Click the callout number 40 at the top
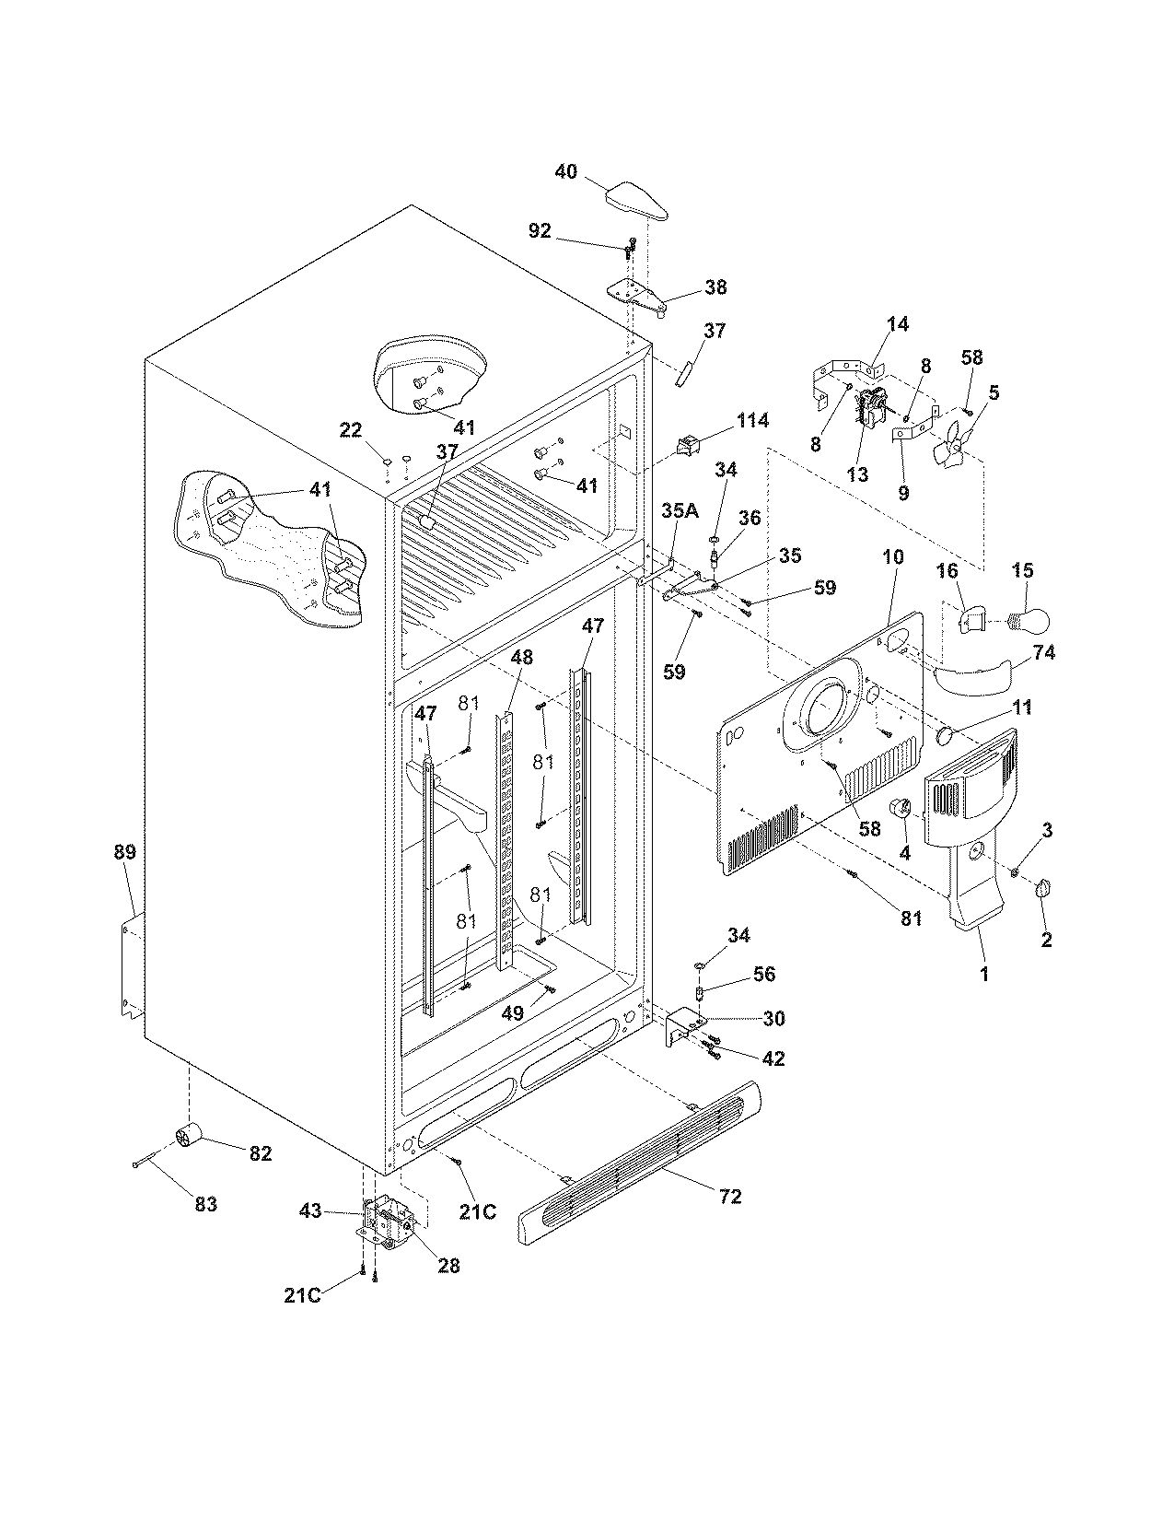pyautogui.click(x=565, y=171)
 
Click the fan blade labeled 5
pyautogui.click(x=949, y=442)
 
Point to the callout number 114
pyautogui.click(x=751, y=421)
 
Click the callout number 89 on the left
pyautogui.click(x=124, y=852)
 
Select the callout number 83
pyautogui.click(x=205, y=1204)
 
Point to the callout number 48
pyautogui.click(x=521, y=658)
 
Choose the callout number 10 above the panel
pyautogui.click(x=892, y=557)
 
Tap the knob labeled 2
pyautogui.click(x=1042, y=888)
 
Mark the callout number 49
pyautogui.click(x=512, y=1012)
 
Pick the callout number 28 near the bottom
pyautogui.click(x=448, y=1266)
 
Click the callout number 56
pyautogui.click(x=763, y=974)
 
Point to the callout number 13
pyautogui.click(x=857, y=475)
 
